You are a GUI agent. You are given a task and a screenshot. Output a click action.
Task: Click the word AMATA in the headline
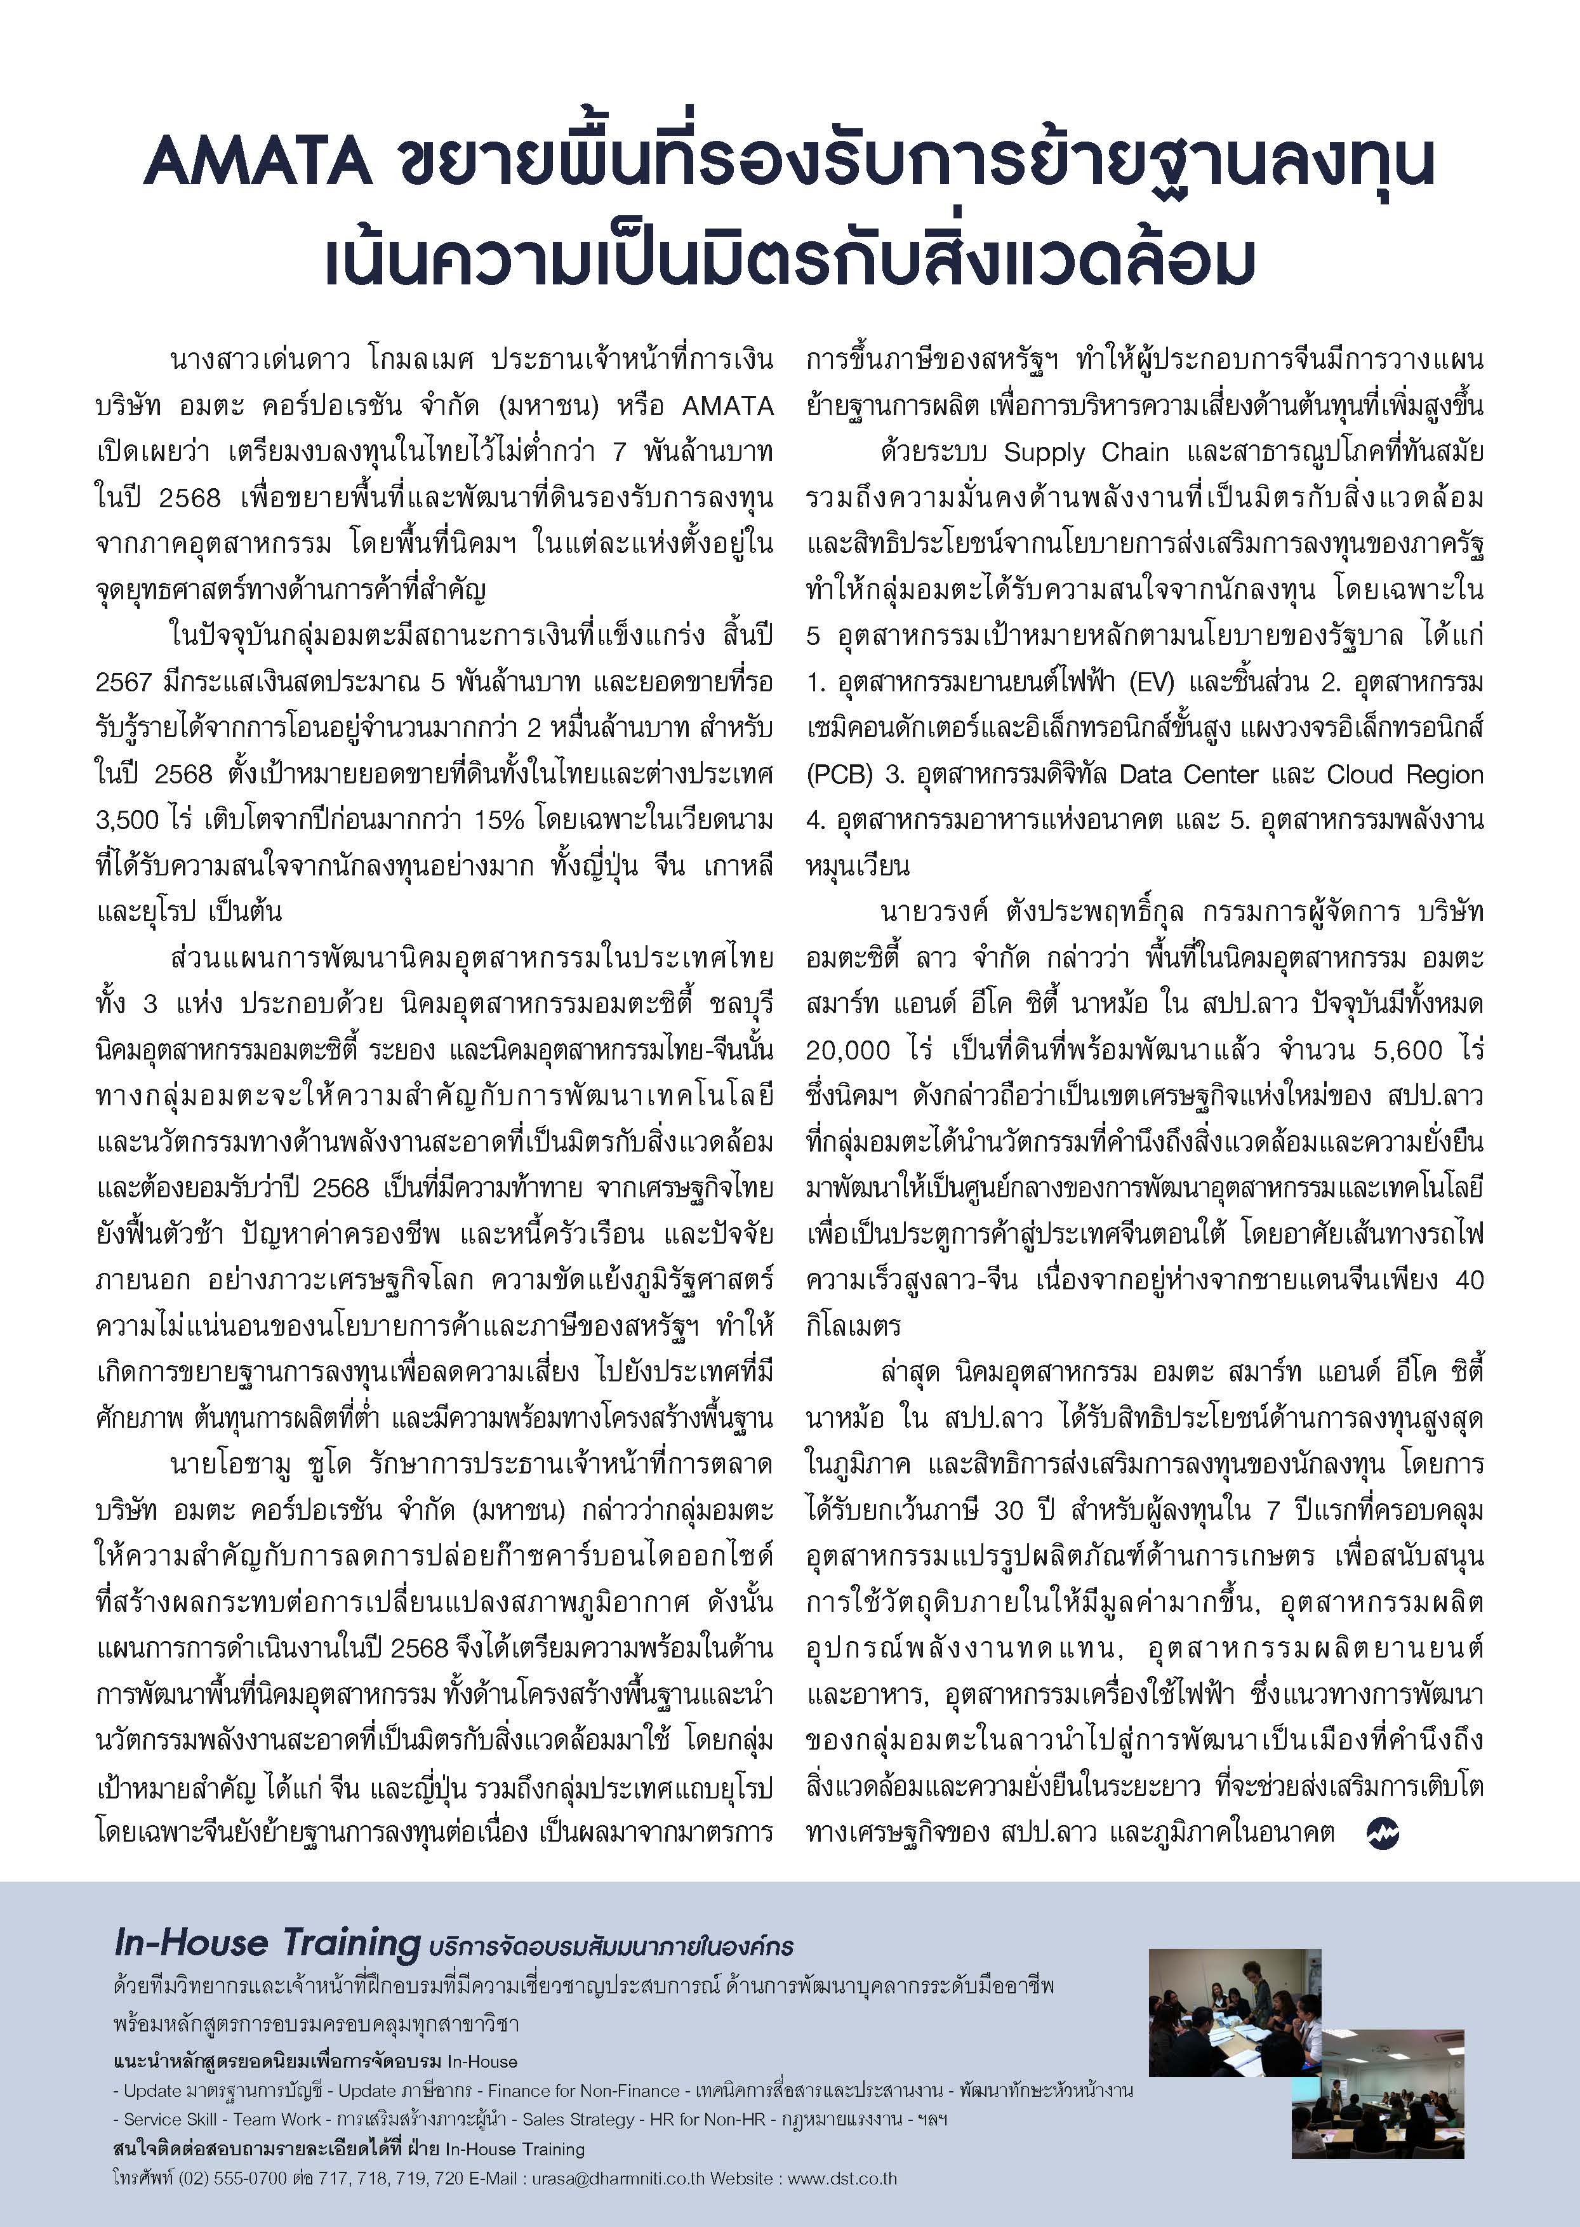click(x=257, y=163)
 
